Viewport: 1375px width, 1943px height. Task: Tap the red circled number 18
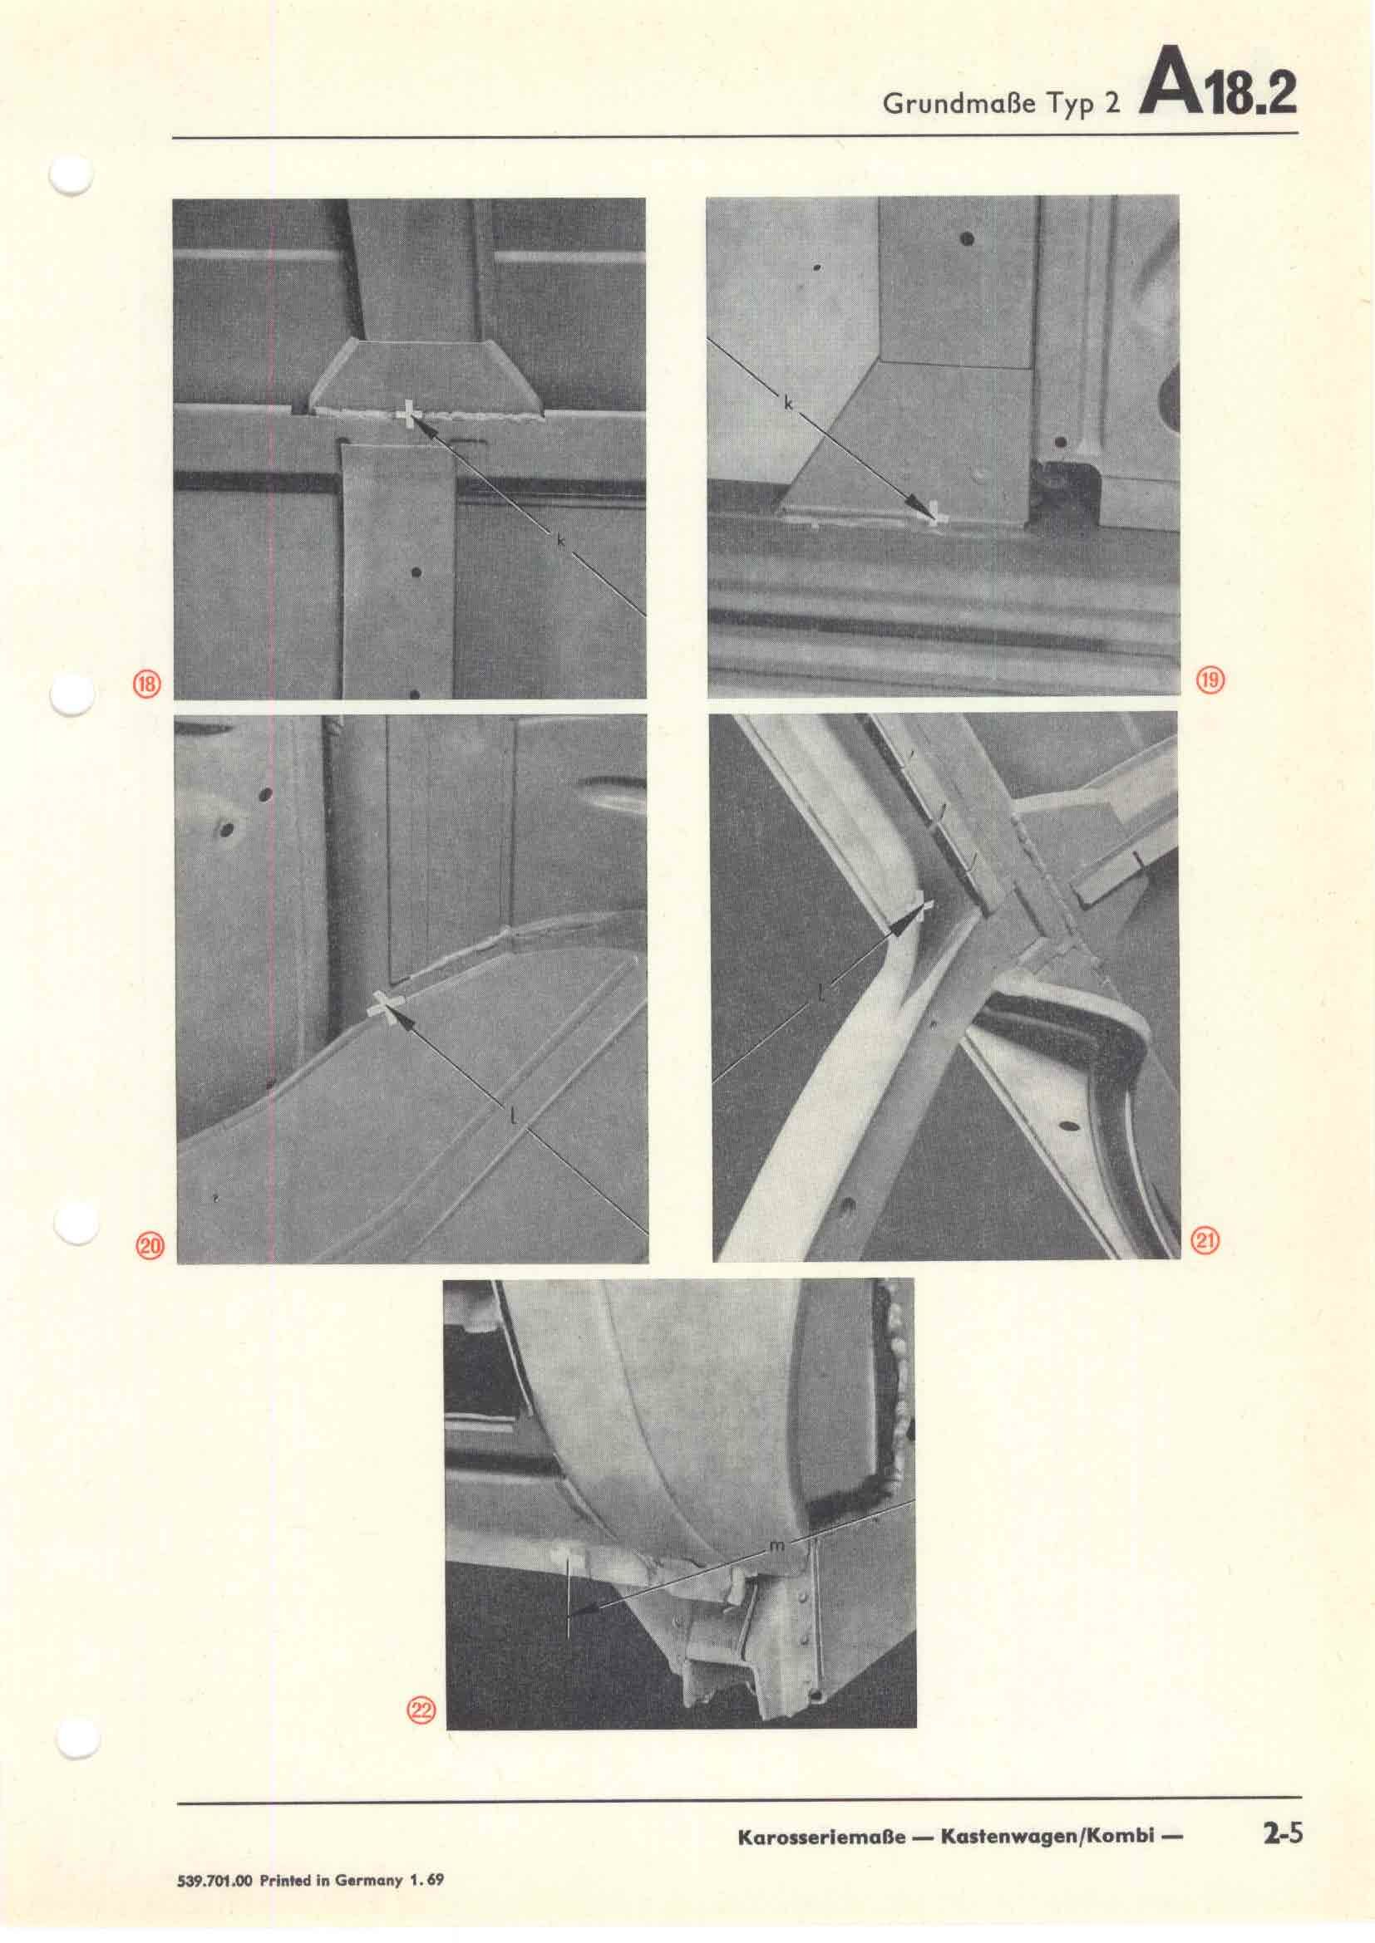147,684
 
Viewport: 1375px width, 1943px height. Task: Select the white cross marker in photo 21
921,911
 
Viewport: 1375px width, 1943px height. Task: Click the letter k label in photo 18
560,540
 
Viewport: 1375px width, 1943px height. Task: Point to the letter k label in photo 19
787,405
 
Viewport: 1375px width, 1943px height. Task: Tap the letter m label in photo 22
778,1545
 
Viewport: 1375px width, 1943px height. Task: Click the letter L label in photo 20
514,1116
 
